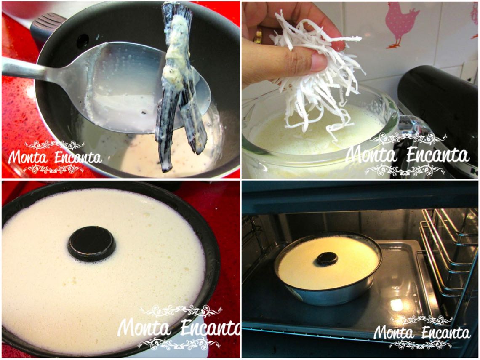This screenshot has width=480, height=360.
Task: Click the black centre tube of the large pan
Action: click(91, 244)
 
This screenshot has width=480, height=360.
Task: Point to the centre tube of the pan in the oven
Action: click(327, 259)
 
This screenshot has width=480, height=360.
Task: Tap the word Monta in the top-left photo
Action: click(28, 157)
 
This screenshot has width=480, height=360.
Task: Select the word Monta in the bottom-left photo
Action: click(144, 328)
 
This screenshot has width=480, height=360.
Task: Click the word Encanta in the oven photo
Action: click(446, 332)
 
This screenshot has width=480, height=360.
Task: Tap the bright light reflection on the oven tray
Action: click(397, 304)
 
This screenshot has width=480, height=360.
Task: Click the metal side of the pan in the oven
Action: click(328, 294)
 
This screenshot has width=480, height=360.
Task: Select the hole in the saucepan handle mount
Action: click(83, 41)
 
